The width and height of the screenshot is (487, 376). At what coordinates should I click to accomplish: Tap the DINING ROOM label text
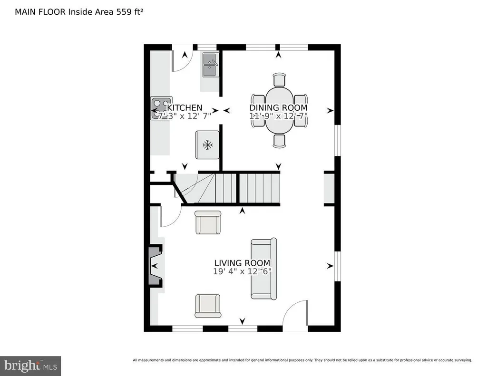279,108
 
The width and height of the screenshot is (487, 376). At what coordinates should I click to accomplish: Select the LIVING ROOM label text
242,263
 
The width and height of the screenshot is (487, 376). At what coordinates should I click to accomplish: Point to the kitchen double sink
210,65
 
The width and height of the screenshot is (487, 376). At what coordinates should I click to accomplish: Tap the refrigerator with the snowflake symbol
207,145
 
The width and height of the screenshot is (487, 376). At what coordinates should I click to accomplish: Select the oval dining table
279,110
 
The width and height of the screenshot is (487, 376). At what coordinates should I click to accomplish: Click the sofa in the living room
264,269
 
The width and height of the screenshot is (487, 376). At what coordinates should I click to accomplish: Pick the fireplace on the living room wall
156,265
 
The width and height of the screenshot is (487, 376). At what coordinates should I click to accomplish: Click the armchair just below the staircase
208,222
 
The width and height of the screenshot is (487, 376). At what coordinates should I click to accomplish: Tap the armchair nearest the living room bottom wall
208,306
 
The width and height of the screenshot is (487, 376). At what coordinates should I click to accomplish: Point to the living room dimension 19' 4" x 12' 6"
242,272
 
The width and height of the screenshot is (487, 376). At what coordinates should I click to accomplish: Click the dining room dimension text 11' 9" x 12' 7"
279,116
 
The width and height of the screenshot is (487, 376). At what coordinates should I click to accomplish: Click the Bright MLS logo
30,366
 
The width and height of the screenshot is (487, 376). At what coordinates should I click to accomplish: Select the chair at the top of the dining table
279,79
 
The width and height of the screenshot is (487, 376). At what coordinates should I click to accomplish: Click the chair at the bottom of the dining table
279,140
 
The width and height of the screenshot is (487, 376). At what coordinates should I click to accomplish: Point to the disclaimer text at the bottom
302,360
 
